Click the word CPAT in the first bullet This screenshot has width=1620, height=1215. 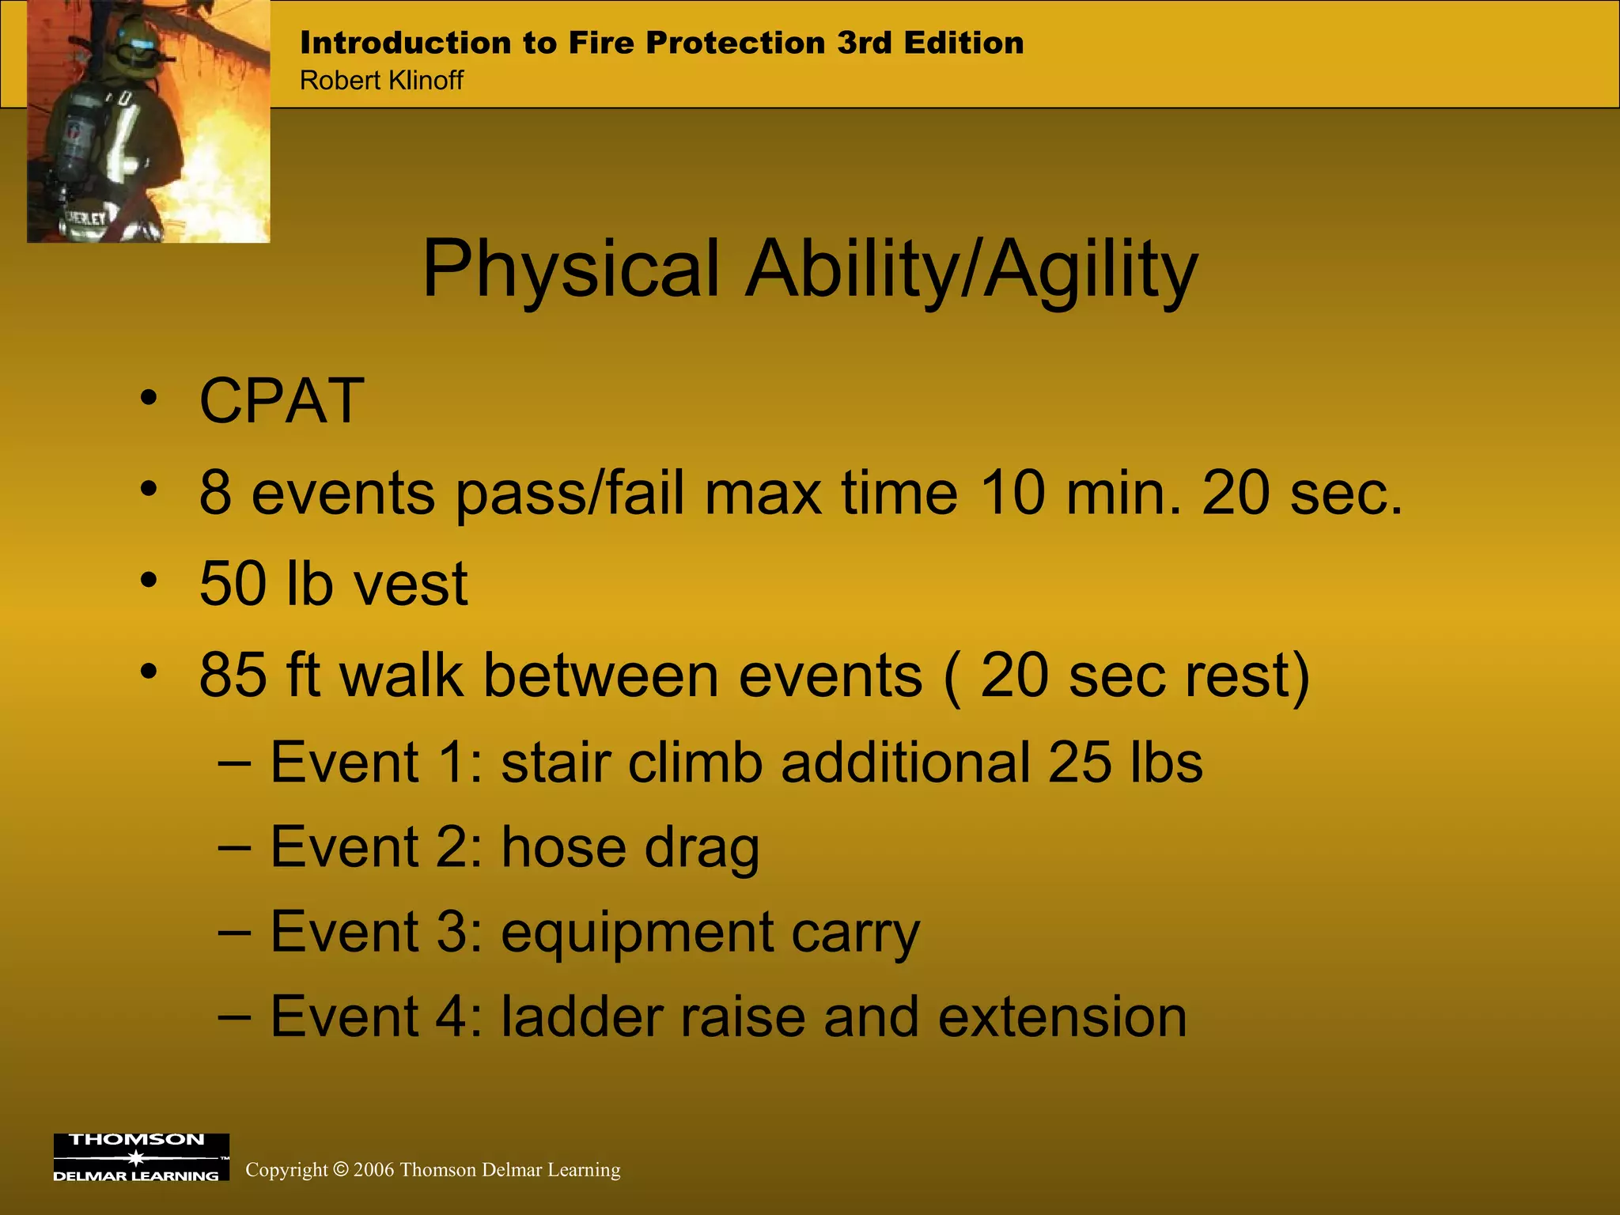(282, 401)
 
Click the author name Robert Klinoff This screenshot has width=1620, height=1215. (381, 81)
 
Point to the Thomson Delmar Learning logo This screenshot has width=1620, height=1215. (141, 1157)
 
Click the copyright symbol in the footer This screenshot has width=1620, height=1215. (341, 1169)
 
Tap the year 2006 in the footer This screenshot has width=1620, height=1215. (373, 1170)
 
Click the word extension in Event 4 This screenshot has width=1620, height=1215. (1062, 1017)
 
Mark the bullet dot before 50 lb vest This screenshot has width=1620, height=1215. (149, 581)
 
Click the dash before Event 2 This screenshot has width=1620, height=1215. (235, 848)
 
